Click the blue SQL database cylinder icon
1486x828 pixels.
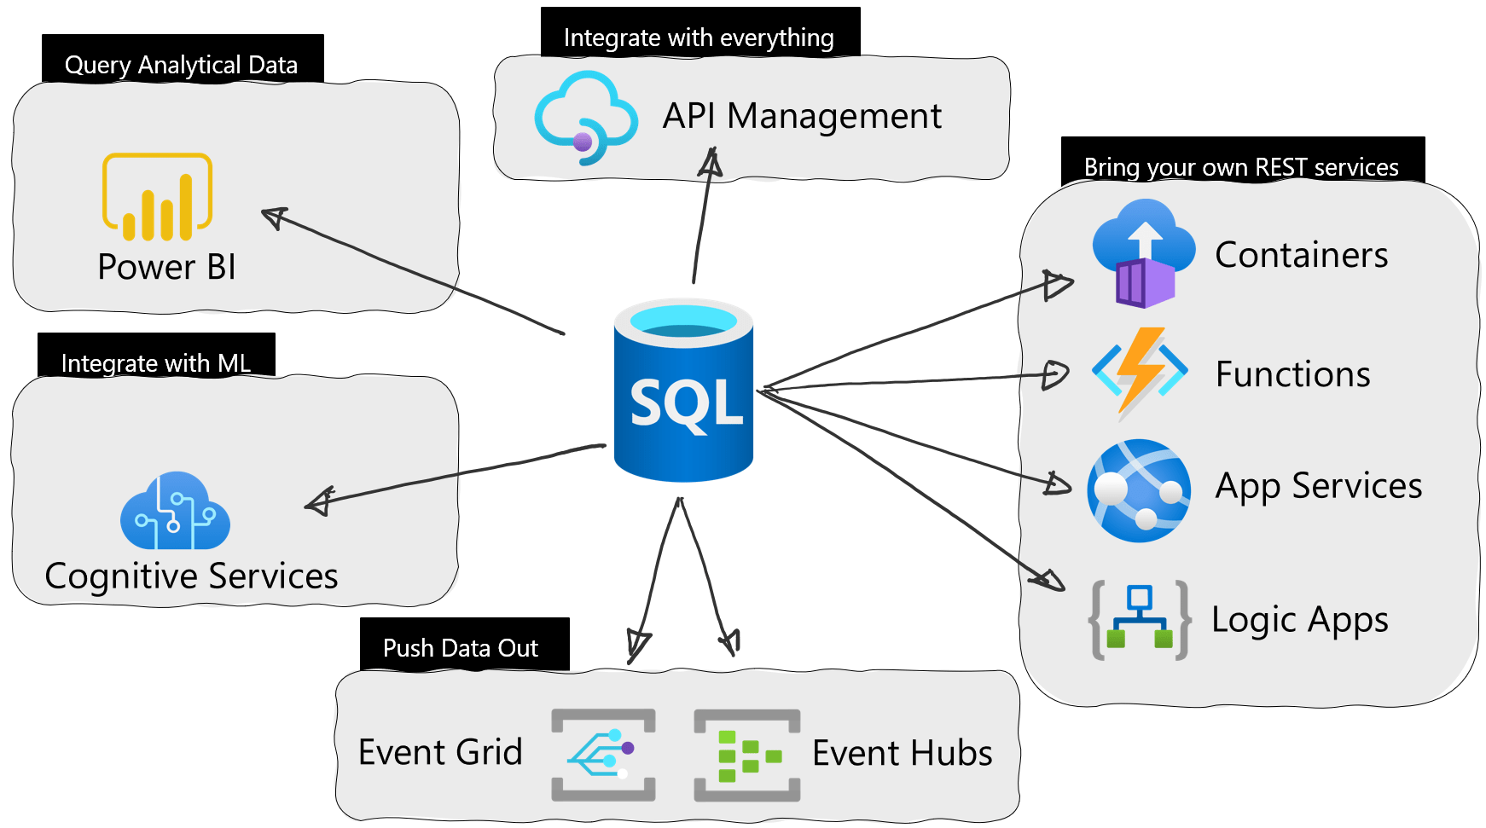[x=683, y=391]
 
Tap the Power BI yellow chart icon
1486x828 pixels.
[x=158, y=196]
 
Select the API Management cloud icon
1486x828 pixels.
[x=585, y=118]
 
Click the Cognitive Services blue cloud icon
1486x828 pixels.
[x=175, y=512]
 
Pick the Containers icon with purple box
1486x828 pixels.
[x=1144, y=253]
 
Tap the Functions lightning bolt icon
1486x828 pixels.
[x=1140, y=373]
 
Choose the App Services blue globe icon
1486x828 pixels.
[x=1139, y=490]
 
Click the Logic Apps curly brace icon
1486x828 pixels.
[x=1139, y=620]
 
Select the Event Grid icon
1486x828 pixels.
[x=603, y=755]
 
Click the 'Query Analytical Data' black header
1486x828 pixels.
[x=182, y=61]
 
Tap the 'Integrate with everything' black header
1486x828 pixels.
[x=699, y=34]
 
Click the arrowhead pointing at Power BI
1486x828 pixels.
[x=274, y=217]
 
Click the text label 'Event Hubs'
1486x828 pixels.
[x=902, y=753]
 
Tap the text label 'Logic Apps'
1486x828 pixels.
[x=1299, y=620]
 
